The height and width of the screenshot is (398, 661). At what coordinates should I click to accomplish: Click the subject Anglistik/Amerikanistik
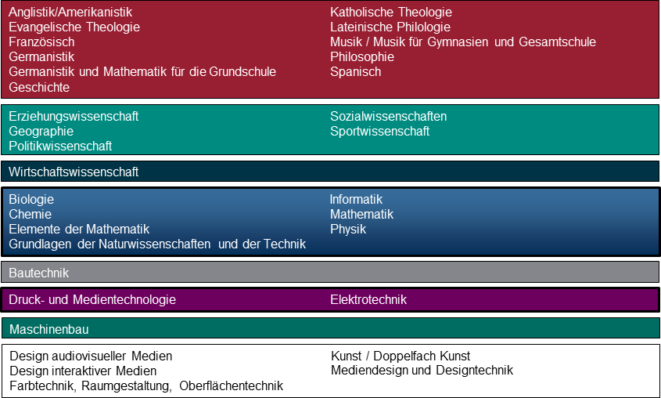[x=70, y=12]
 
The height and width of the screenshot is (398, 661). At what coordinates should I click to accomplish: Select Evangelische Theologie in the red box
[x=74, y=27]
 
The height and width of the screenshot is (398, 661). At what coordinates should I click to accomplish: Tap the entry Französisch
[x=41, y=42]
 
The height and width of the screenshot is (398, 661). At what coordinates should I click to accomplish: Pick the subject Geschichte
[x=39, y=87]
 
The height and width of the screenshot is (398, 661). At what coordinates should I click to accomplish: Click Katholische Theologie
[x=391, y=12]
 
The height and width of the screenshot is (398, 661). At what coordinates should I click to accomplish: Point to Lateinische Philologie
[x=390, y=27]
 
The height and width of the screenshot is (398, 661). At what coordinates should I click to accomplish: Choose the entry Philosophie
[x=362, y=56]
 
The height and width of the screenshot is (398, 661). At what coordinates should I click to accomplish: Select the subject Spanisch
[x=355, y=72]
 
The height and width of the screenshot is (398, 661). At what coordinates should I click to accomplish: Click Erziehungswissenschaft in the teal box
[x=74, y=116]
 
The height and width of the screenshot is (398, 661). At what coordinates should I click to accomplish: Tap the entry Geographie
[x=41, y=132]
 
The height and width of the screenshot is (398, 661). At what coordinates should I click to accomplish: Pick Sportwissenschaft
[x=379, y=132]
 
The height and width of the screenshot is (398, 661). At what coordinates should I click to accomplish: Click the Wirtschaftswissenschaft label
[x=74, y=172]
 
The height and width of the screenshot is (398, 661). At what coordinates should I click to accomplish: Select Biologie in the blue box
[x=31, y=199]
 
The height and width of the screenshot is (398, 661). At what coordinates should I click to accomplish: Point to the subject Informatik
[x=356, y=199]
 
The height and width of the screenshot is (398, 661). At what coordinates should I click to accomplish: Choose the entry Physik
[x=348, y=230]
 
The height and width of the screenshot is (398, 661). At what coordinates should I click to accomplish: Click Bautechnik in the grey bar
[x=39, y=273]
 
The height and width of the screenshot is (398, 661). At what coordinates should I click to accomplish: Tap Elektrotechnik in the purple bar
[x=368, y=299]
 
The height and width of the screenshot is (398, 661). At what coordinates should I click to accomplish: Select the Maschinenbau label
[x=49, y=329]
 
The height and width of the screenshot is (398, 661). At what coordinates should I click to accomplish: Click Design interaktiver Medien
[x=83, y=371]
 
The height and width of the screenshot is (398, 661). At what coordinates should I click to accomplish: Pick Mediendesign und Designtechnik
[x=422, y=370]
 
